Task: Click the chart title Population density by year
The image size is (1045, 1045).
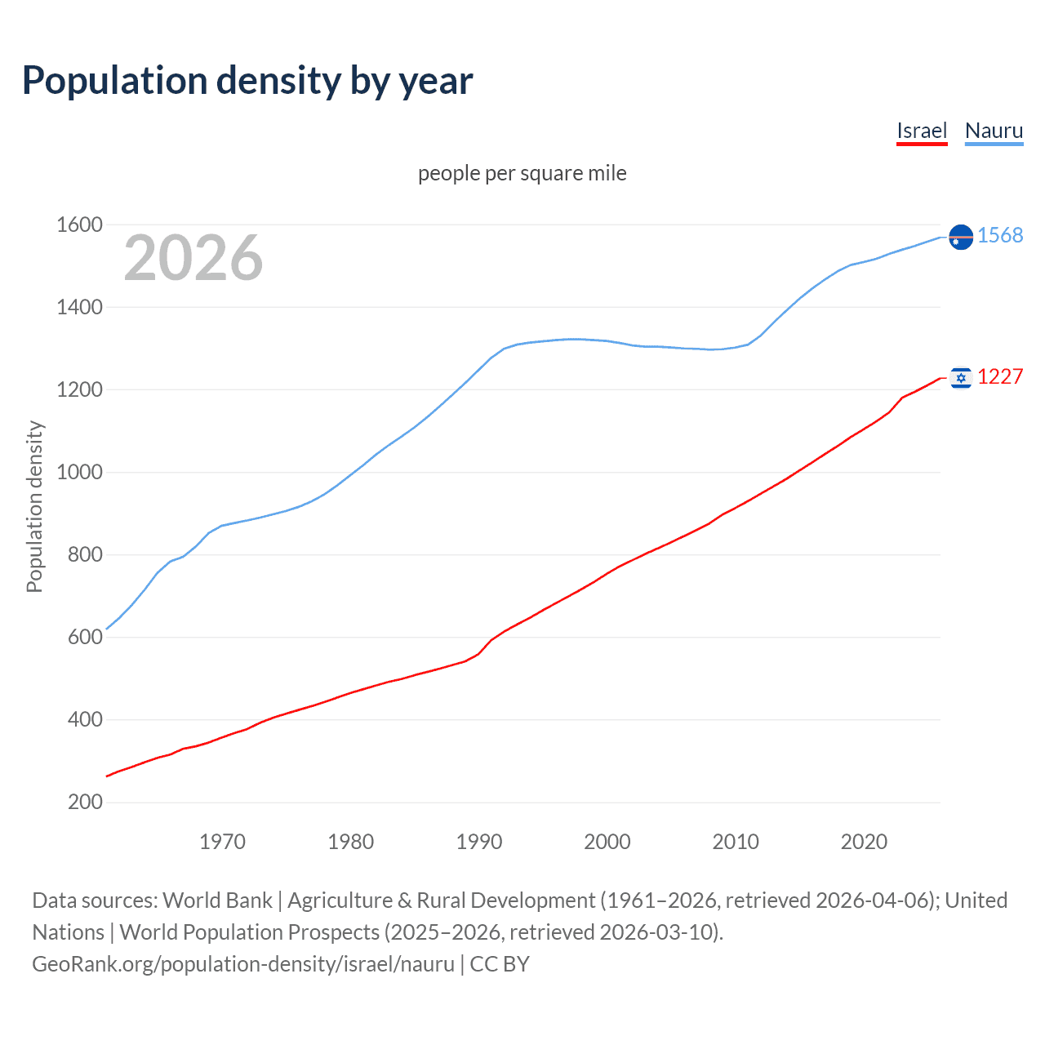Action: (x=247, y=81)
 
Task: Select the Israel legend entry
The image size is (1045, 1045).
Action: (x=921, y=131)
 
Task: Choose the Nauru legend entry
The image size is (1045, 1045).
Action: (x=994, y=131)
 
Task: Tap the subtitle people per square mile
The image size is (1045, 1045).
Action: (x=522, y=173)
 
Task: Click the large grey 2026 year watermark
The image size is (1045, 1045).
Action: (x=193, y=258)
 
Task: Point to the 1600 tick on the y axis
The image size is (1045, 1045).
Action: (x=79, y=225)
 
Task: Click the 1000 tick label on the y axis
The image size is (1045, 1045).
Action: (x=79, y=472)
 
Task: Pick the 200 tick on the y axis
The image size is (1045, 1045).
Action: (x=85, y=802)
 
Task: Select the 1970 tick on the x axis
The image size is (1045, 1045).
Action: (x=222, y=842)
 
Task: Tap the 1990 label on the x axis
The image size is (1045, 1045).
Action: (x=479, y=842)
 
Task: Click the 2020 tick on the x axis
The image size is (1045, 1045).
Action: (x=864, y=842)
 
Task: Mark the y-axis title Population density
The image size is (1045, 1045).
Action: (x=34, y=506)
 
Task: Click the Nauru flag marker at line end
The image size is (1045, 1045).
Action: (x=961, y=237)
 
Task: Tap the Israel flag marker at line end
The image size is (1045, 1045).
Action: (x=961, y=377)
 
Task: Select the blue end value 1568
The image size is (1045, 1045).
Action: (x=1000, y=235)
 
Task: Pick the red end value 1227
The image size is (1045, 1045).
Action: (x=1000, y=376)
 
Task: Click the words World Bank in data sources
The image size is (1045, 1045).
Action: (x=217, y=900)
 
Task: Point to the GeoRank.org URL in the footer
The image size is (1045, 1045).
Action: (x=243, y=964)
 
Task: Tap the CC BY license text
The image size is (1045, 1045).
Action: (x=500, y=964)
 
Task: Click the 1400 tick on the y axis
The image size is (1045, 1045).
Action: (x=79, y=307)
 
